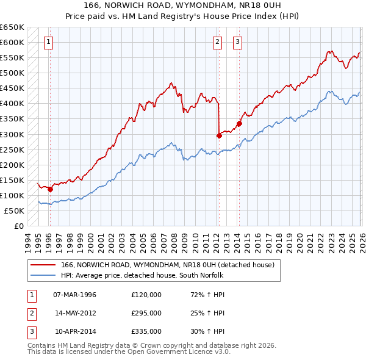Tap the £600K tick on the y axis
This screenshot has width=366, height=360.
point(12,42)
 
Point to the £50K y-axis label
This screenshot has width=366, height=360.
point(14,211)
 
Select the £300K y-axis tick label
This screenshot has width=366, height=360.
point(12,134)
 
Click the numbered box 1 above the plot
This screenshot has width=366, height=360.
point(48,42)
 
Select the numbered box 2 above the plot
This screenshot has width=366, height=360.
point(217,42)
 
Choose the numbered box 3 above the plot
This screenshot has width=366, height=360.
point(237,42)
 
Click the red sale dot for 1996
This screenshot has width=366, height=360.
point(50,189)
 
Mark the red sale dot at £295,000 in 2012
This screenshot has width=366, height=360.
point(218,135)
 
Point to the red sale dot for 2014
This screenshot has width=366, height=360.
point(239,123)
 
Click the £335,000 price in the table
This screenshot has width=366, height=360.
point(146,331)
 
